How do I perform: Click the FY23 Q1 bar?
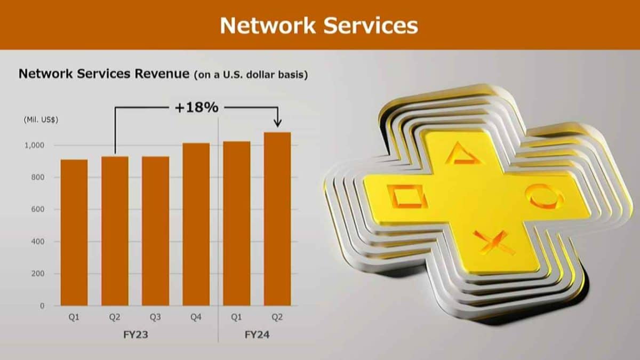click(74, 233)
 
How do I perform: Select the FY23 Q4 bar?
click(196, 225)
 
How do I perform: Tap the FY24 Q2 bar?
click(277, 219)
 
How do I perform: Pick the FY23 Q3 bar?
click(155, 231)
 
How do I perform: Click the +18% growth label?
click(197, 108)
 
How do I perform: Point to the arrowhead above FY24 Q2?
click(277, 123)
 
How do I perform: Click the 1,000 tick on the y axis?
click(35, 146)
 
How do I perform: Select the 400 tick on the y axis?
click(38, 242)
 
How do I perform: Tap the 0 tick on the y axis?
click(42, 306)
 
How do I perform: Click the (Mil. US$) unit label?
click(41, 119)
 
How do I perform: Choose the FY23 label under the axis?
click(135, 334)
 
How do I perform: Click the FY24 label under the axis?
click(257, 334)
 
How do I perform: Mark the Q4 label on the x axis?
click(196, 317)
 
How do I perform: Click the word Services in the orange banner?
click(371, 26)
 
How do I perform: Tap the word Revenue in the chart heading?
click(162, 74)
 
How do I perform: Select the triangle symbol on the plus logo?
click(463, 154)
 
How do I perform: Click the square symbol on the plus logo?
click(407, 196)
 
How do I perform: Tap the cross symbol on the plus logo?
click(493, 243)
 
